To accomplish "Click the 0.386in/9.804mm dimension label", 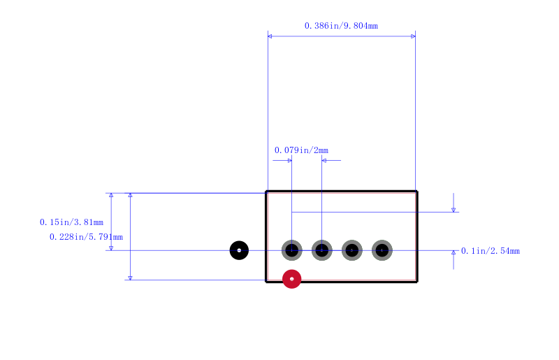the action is (x=341, y=26).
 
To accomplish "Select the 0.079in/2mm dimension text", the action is (x=301, y=150).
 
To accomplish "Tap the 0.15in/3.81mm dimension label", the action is (x=72, y=222).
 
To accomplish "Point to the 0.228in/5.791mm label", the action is (x=86, y=237).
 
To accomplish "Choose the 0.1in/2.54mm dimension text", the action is (x=491, y=251).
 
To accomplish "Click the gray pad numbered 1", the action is (x=291, y=250).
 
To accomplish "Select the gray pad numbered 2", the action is (x=322, y=250).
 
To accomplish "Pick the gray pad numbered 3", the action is (x=352, y=250).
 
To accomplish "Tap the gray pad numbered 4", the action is (x=382, y=250).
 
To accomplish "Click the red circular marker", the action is (x=291, y=279).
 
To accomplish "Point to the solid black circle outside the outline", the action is (x=239, y=250).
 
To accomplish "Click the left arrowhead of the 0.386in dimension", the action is (x=270, y=36).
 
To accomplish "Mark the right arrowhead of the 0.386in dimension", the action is (x=413, y=36).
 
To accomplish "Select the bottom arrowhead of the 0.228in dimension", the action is (x=130, y=278).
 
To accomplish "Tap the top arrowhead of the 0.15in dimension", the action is (x=111, y=195).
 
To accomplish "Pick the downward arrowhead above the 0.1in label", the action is (x=453, y=210).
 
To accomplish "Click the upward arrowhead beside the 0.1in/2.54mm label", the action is (x=453, y=252).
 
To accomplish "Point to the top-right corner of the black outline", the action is (x=417, y=192).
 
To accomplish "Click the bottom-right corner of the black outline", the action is (x=417, y=282).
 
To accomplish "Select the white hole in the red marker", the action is (x=291, y=279).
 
